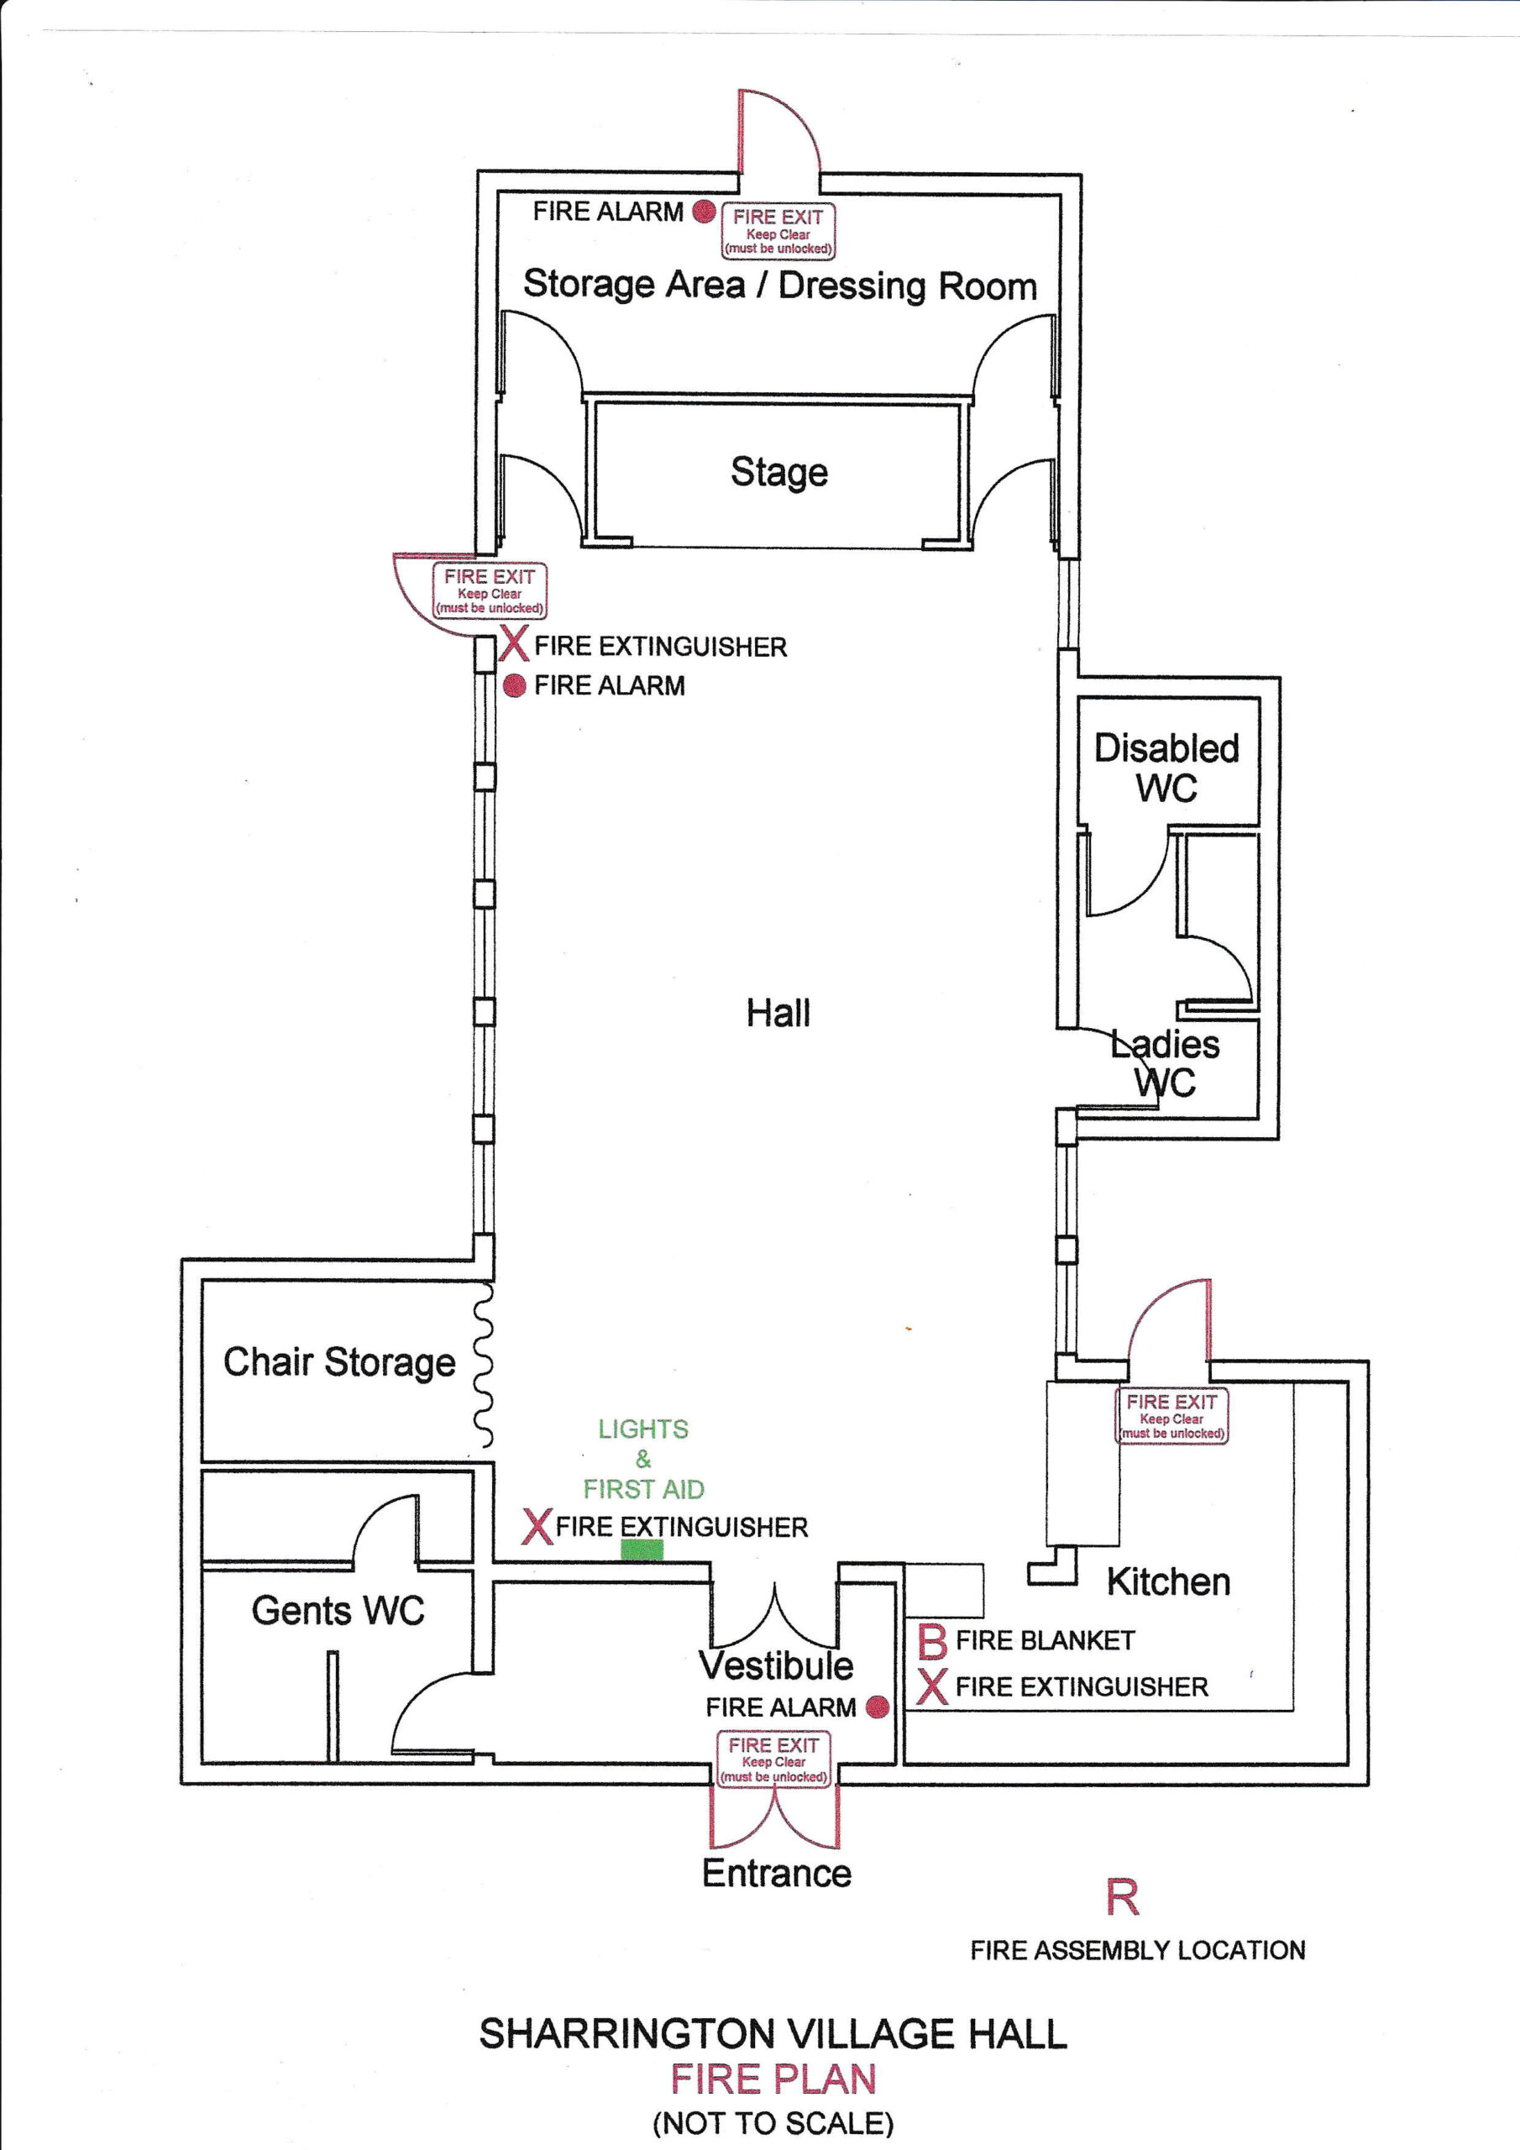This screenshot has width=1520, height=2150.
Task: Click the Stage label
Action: point(779,472)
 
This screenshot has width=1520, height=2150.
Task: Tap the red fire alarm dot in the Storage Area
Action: point(705,212)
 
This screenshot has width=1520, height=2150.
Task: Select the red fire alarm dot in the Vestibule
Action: point(877,1707)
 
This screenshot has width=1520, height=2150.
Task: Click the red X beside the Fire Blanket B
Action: point(932,1686)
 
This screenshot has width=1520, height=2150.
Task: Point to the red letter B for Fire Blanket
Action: point(932,1642)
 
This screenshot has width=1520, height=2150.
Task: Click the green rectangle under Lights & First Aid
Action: point(642,1550)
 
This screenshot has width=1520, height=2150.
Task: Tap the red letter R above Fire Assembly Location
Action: point(1122,1898)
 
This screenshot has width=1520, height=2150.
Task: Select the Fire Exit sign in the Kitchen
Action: point(1171,1416)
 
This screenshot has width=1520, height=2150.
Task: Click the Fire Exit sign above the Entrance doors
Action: point(773,1759)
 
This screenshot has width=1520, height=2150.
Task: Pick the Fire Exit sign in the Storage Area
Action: point(778,231)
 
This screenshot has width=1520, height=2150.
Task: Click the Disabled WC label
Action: point(1167,768)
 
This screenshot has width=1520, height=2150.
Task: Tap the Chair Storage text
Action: point(339,1362)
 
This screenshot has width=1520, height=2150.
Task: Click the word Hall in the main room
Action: point(778,1013)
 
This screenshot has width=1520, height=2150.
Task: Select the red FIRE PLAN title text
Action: point(773,2079)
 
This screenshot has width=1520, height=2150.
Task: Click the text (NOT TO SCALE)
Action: point(773,2123)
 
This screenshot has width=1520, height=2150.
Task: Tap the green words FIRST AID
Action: point(643,1489)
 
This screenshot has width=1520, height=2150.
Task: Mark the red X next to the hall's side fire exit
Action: point(514,644)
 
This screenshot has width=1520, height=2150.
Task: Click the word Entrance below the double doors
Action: point(777,1873)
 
